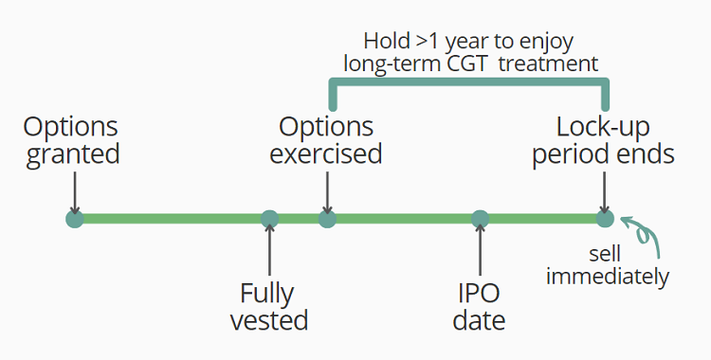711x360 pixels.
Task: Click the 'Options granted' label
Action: [x=73, y=140]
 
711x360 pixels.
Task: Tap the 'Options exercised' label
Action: [x=326, y=140]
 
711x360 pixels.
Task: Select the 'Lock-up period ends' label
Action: [x=604, y=140]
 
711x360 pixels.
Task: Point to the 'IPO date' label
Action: [x=479, y=305]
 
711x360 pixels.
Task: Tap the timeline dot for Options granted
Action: [x=75, y=220]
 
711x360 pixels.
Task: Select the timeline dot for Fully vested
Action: [x=270, y=220]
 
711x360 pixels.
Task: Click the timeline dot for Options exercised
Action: [x=327, y=220]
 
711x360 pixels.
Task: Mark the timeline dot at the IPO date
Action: [x=481, y=220]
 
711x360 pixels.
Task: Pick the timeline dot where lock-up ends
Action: [x=605, y=220]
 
